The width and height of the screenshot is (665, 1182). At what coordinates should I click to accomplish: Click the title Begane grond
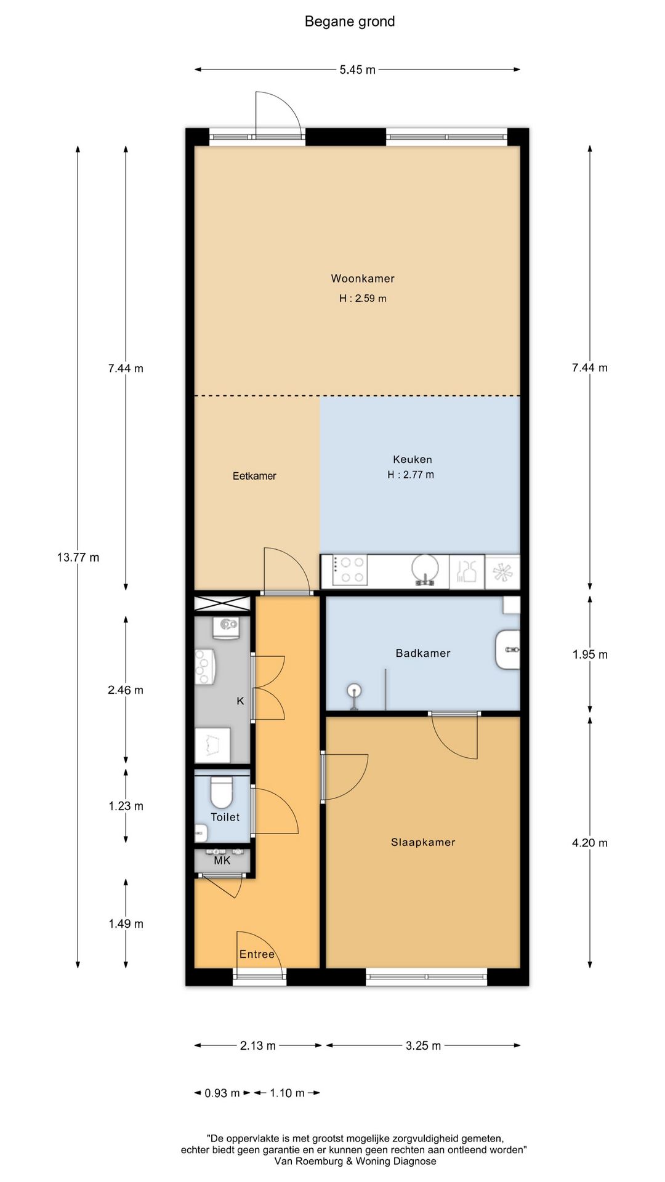(350, 22)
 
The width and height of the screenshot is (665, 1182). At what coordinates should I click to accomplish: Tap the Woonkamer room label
(363, 278)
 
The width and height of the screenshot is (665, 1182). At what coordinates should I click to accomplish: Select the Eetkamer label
(254, 476)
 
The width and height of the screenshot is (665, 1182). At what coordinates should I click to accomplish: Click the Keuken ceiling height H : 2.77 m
(411, 475)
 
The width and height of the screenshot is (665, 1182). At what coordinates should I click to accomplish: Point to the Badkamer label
(423, 653)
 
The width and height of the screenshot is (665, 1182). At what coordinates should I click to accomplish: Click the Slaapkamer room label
(423, 842)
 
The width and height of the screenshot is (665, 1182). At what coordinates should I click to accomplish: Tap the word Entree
(257, 954)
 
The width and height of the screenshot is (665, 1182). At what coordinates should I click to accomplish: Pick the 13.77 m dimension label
(78, 557)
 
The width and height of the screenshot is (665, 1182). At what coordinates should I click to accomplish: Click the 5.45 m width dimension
(358, 70)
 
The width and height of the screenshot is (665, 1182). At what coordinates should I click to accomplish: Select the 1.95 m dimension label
(590, 654)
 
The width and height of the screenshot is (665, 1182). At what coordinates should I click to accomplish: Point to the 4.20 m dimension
(590, 843)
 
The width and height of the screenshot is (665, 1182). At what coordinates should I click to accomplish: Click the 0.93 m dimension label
(222, 1093)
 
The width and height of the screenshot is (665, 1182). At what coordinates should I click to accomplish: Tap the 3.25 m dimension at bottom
(423, 1045)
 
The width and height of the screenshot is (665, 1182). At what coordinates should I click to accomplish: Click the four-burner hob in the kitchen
(350, 570)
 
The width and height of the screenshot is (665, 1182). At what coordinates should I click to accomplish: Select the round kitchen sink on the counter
(425, 569)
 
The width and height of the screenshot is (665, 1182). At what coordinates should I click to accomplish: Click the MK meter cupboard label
(222, 861)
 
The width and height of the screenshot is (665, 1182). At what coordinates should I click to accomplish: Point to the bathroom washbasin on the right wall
(507, 649)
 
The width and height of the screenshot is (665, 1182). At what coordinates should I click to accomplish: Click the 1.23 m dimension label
(126, 806)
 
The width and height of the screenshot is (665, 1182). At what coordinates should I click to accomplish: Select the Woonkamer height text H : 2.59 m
(363, 299)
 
